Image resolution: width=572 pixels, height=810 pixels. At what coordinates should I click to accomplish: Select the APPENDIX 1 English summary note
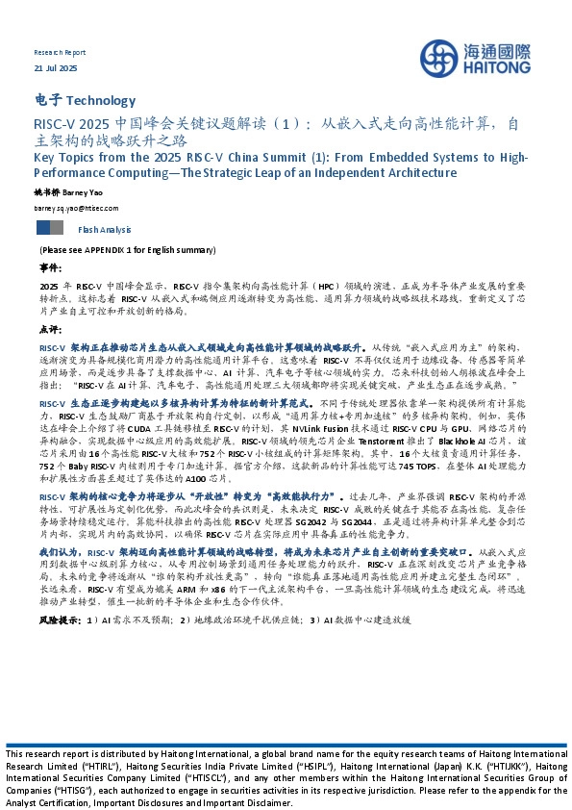tap(127, 250)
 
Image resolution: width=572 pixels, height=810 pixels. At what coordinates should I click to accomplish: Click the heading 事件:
tap(49, 266)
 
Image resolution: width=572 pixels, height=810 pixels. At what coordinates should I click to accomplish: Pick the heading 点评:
tap(49, 328)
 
